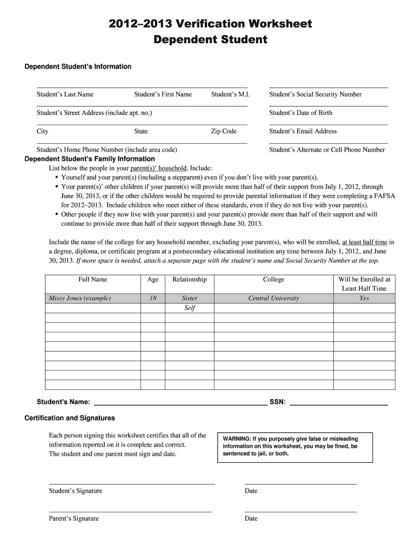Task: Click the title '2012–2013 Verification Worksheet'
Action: [x=211, y=24]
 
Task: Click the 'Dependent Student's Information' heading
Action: [x=78, y=66]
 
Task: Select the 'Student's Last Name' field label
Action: [x=65, y=95]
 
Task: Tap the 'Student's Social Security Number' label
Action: [x=315, y=95]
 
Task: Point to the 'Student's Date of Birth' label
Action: [x=300, y=113]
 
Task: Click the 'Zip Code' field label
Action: [x=224, y=131]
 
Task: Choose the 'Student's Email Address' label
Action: [x=303, y=131]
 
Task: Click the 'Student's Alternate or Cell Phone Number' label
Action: [x=327, y=150]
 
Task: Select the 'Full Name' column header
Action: [x=93, y=279]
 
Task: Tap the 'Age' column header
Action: [x=153, y=279]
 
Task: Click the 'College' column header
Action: [x=273, y=279]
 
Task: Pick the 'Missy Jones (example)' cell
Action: [x=80, y=298]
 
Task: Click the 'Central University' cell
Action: [x=273, y=298]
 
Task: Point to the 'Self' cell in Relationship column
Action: [x=190, y=308]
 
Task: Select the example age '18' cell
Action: [x=153, y=298]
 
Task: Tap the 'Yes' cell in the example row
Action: [x=364, y=298]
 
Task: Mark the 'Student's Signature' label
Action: [x=75, y=491]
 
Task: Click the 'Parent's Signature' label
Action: [x=73, y=518]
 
